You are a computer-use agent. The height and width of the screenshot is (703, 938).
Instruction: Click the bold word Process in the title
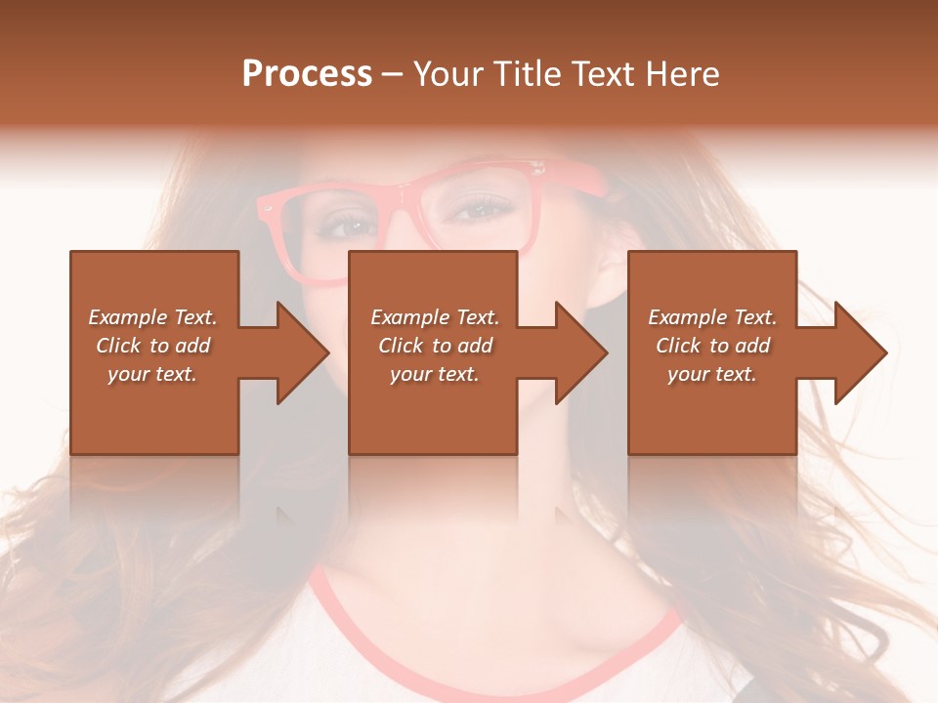tap(307, 74)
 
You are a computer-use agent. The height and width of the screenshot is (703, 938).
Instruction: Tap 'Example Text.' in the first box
tap(152, 317)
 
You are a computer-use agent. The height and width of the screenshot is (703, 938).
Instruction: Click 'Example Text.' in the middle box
tap(435, 317)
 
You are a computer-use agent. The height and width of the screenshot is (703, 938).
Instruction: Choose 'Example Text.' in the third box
tap(712, 317)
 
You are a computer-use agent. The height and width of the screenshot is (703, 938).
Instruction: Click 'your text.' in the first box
tap(152, 374)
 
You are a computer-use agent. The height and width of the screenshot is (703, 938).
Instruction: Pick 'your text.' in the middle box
tap(435, 374)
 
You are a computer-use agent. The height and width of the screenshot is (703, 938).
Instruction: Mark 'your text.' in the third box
tap(712, 374)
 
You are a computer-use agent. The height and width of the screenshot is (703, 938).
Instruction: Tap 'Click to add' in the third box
tap(712, 346)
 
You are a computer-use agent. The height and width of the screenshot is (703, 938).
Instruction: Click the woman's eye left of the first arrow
tap(350, 226)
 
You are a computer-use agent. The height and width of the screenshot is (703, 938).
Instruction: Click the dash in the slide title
tap(392, 74)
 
